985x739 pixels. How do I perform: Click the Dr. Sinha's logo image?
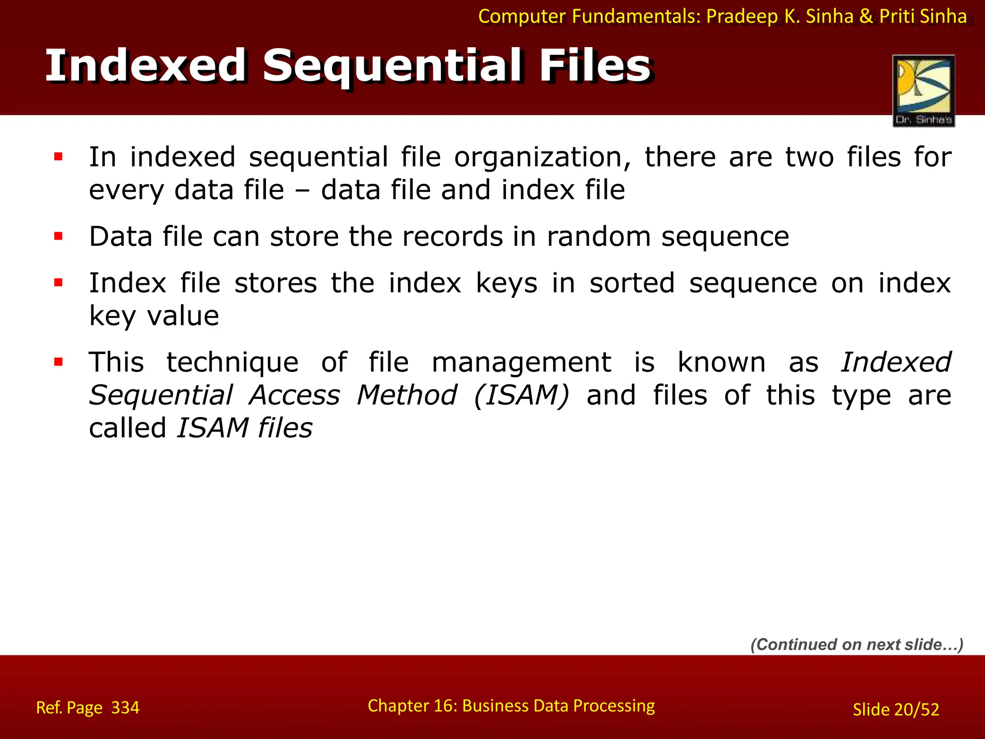click(x=923, y=90)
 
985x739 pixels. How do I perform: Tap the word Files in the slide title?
click(x=595, y=66)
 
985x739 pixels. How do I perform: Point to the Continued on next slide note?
click(x=857, y=644)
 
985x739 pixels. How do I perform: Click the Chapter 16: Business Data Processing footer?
click(x=511, y=706)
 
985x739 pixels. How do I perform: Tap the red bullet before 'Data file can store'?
click(x=59, y=236)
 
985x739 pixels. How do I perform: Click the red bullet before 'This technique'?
click(x=59, y=362)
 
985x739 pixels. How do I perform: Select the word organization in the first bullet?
click(x=543, y=157)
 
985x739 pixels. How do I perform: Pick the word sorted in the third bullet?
click(x=632, y=283)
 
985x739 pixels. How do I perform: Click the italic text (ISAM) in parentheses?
click(x=521, y=395)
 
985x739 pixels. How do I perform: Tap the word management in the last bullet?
click(x=521, y=362)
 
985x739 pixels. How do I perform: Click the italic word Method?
click(x=406, y=395)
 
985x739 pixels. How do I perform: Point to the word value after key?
click(x=183, y=316)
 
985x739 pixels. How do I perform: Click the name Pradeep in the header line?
click(x=742, y=17)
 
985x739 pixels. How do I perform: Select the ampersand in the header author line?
click(x=866, y=17)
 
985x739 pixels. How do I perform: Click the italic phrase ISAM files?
click(x=244, y=428)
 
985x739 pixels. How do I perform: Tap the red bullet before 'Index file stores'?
click(x=59, y=282)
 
